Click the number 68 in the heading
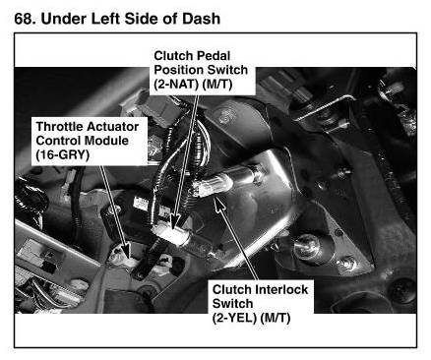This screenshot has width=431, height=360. click(25, 19)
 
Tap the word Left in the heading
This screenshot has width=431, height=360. click(105, 19)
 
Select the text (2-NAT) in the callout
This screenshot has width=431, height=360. click(176, 85)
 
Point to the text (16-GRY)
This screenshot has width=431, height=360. click(63, 154)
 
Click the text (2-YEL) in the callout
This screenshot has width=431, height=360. click(234, 318)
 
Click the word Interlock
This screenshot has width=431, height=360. click(281, 289)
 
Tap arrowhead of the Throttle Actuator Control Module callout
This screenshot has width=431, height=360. click(125, 248)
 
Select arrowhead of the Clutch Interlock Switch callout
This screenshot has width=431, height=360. click(218, 203)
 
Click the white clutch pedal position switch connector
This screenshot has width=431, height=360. click(170, 235)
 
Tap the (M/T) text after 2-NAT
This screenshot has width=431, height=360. click(216, 85)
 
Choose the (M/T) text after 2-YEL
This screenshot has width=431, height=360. click(275, 318)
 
